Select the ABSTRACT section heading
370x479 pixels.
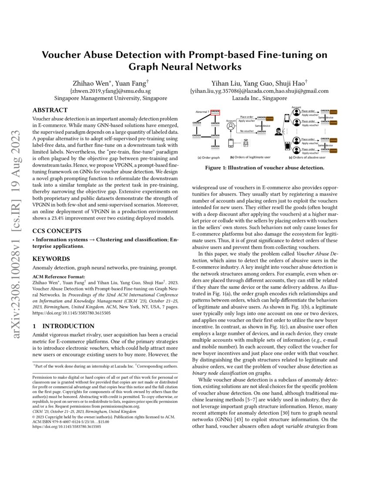(50, 110)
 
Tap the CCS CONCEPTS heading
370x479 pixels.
(57, 230)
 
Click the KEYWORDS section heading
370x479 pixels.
(51, 259)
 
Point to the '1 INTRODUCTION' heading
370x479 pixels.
(64, 326)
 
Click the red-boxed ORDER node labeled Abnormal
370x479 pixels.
(215, 112)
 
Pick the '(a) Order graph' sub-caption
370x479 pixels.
(209, 157)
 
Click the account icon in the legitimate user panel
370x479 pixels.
(231, 127)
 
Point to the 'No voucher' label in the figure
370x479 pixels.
(246, 130)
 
